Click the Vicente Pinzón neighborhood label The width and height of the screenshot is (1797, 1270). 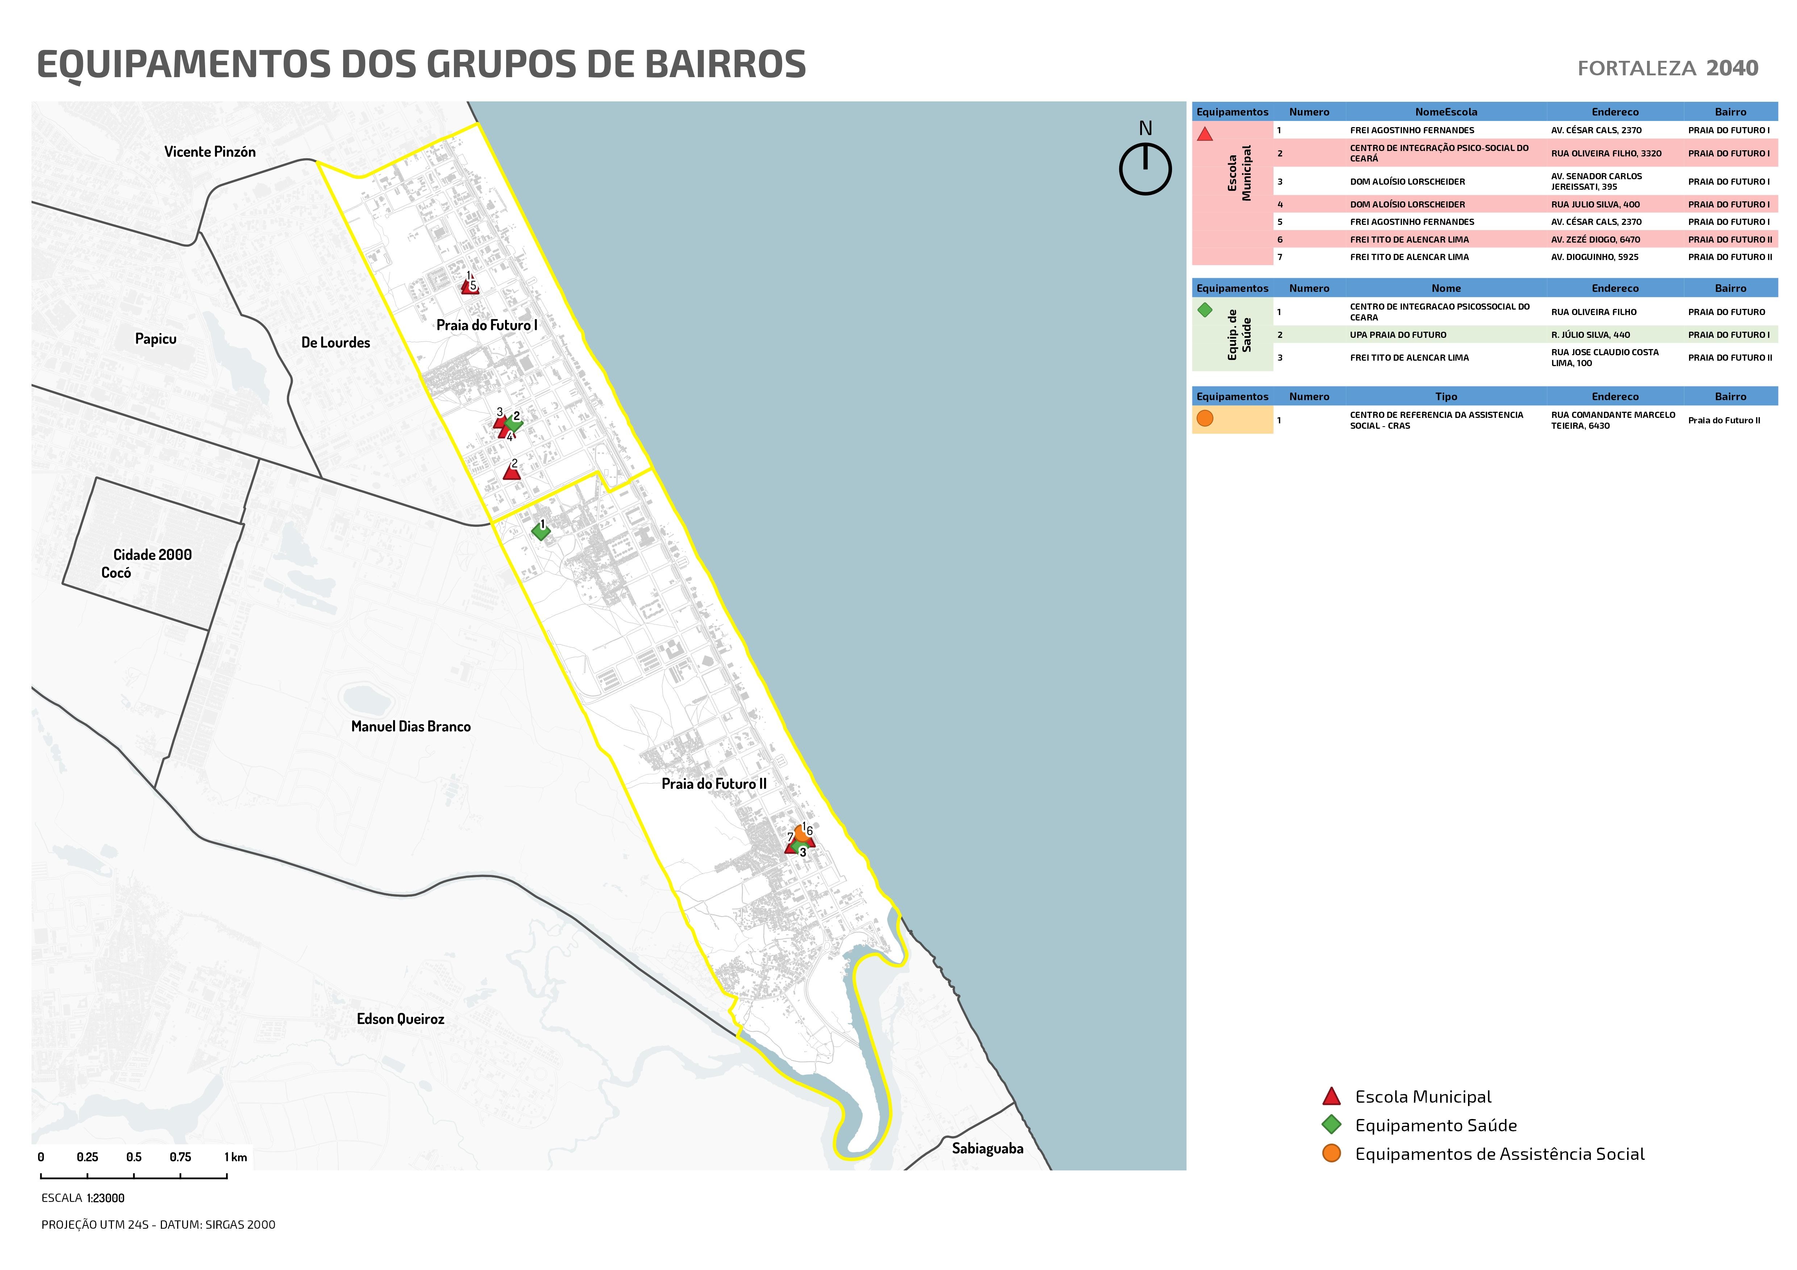click(x=210, y=152)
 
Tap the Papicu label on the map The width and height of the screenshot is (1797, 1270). click(x=156, y=339)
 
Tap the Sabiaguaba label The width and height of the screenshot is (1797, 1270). click(x=987, y=1149)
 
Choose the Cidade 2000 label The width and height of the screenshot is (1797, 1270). click(x=153, y=555)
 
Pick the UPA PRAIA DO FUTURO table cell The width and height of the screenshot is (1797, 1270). click(x=1398, y=335)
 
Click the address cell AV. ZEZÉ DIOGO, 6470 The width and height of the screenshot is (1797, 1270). click(x=1595, y=239)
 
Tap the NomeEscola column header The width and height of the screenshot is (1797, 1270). click(x=1446, y=112)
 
